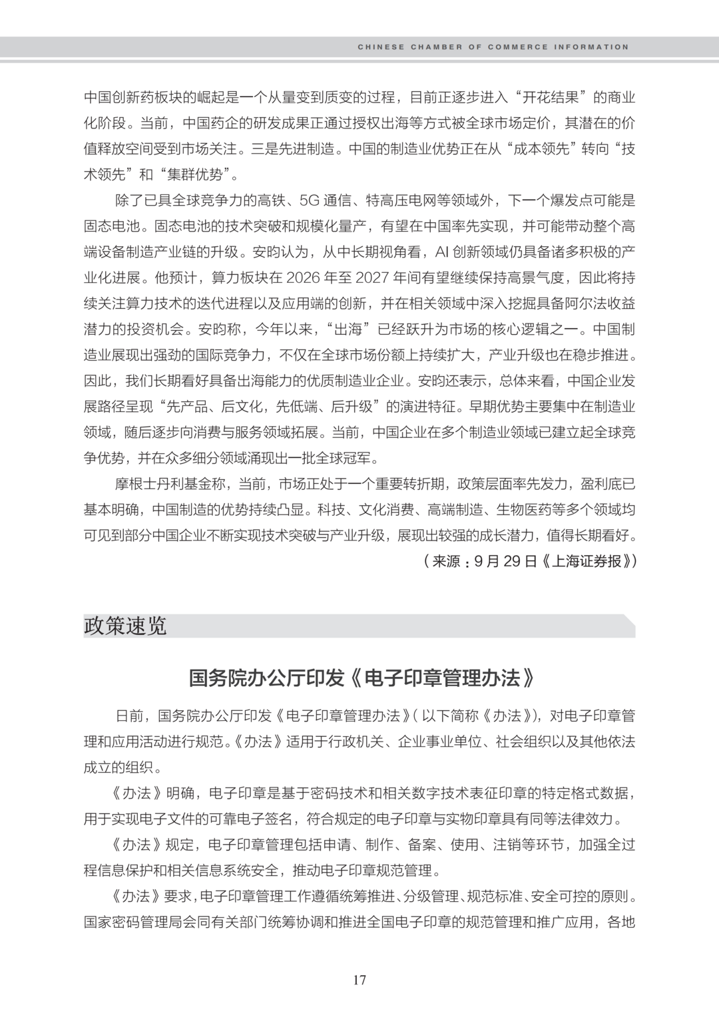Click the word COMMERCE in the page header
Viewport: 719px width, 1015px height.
[518, 47]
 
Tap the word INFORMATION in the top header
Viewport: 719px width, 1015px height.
[593, 47]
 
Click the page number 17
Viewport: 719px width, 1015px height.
[359, 980]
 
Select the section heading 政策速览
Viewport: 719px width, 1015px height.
[125, 626]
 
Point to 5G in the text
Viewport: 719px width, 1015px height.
[309, 200]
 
